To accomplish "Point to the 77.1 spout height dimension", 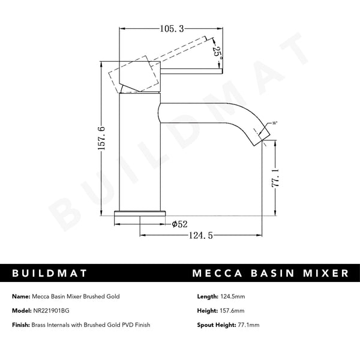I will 276,178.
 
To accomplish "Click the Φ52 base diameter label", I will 181,224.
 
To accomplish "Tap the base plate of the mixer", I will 140,212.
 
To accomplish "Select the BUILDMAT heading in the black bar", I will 51,274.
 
